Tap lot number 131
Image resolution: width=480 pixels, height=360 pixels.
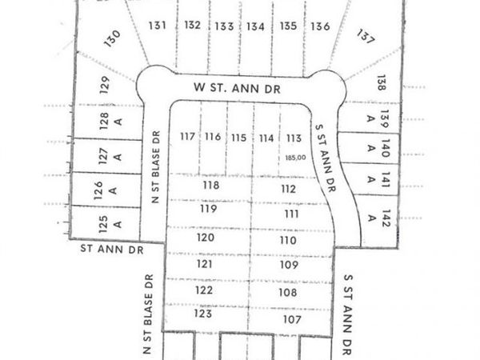click(157, 25)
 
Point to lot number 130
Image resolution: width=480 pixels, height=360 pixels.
click(113, 37)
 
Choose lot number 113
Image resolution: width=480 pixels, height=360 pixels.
click(294, 138)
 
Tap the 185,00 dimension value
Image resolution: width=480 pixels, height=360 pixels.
click(295, 158)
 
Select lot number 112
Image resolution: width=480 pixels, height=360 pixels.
click(289, 189)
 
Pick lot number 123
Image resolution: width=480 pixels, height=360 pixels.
click(203, 314)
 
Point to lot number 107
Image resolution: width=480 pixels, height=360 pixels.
click(290, 319)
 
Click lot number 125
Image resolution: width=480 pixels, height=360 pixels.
click(103, 222)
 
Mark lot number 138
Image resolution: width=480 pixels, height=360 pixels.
click(382, 82)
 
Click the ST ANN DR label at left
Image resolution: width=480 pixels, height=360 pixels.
click(112, 250)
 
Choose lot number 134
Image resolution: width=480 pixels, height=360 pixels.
click(255, 26)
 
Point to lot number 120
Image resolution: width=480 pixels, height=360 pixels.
click(206, 238)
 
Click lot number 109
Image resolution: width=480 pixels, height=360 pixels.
click(289, 265)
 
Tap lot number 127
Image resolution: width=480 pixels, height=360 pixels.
click(103, 155)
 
